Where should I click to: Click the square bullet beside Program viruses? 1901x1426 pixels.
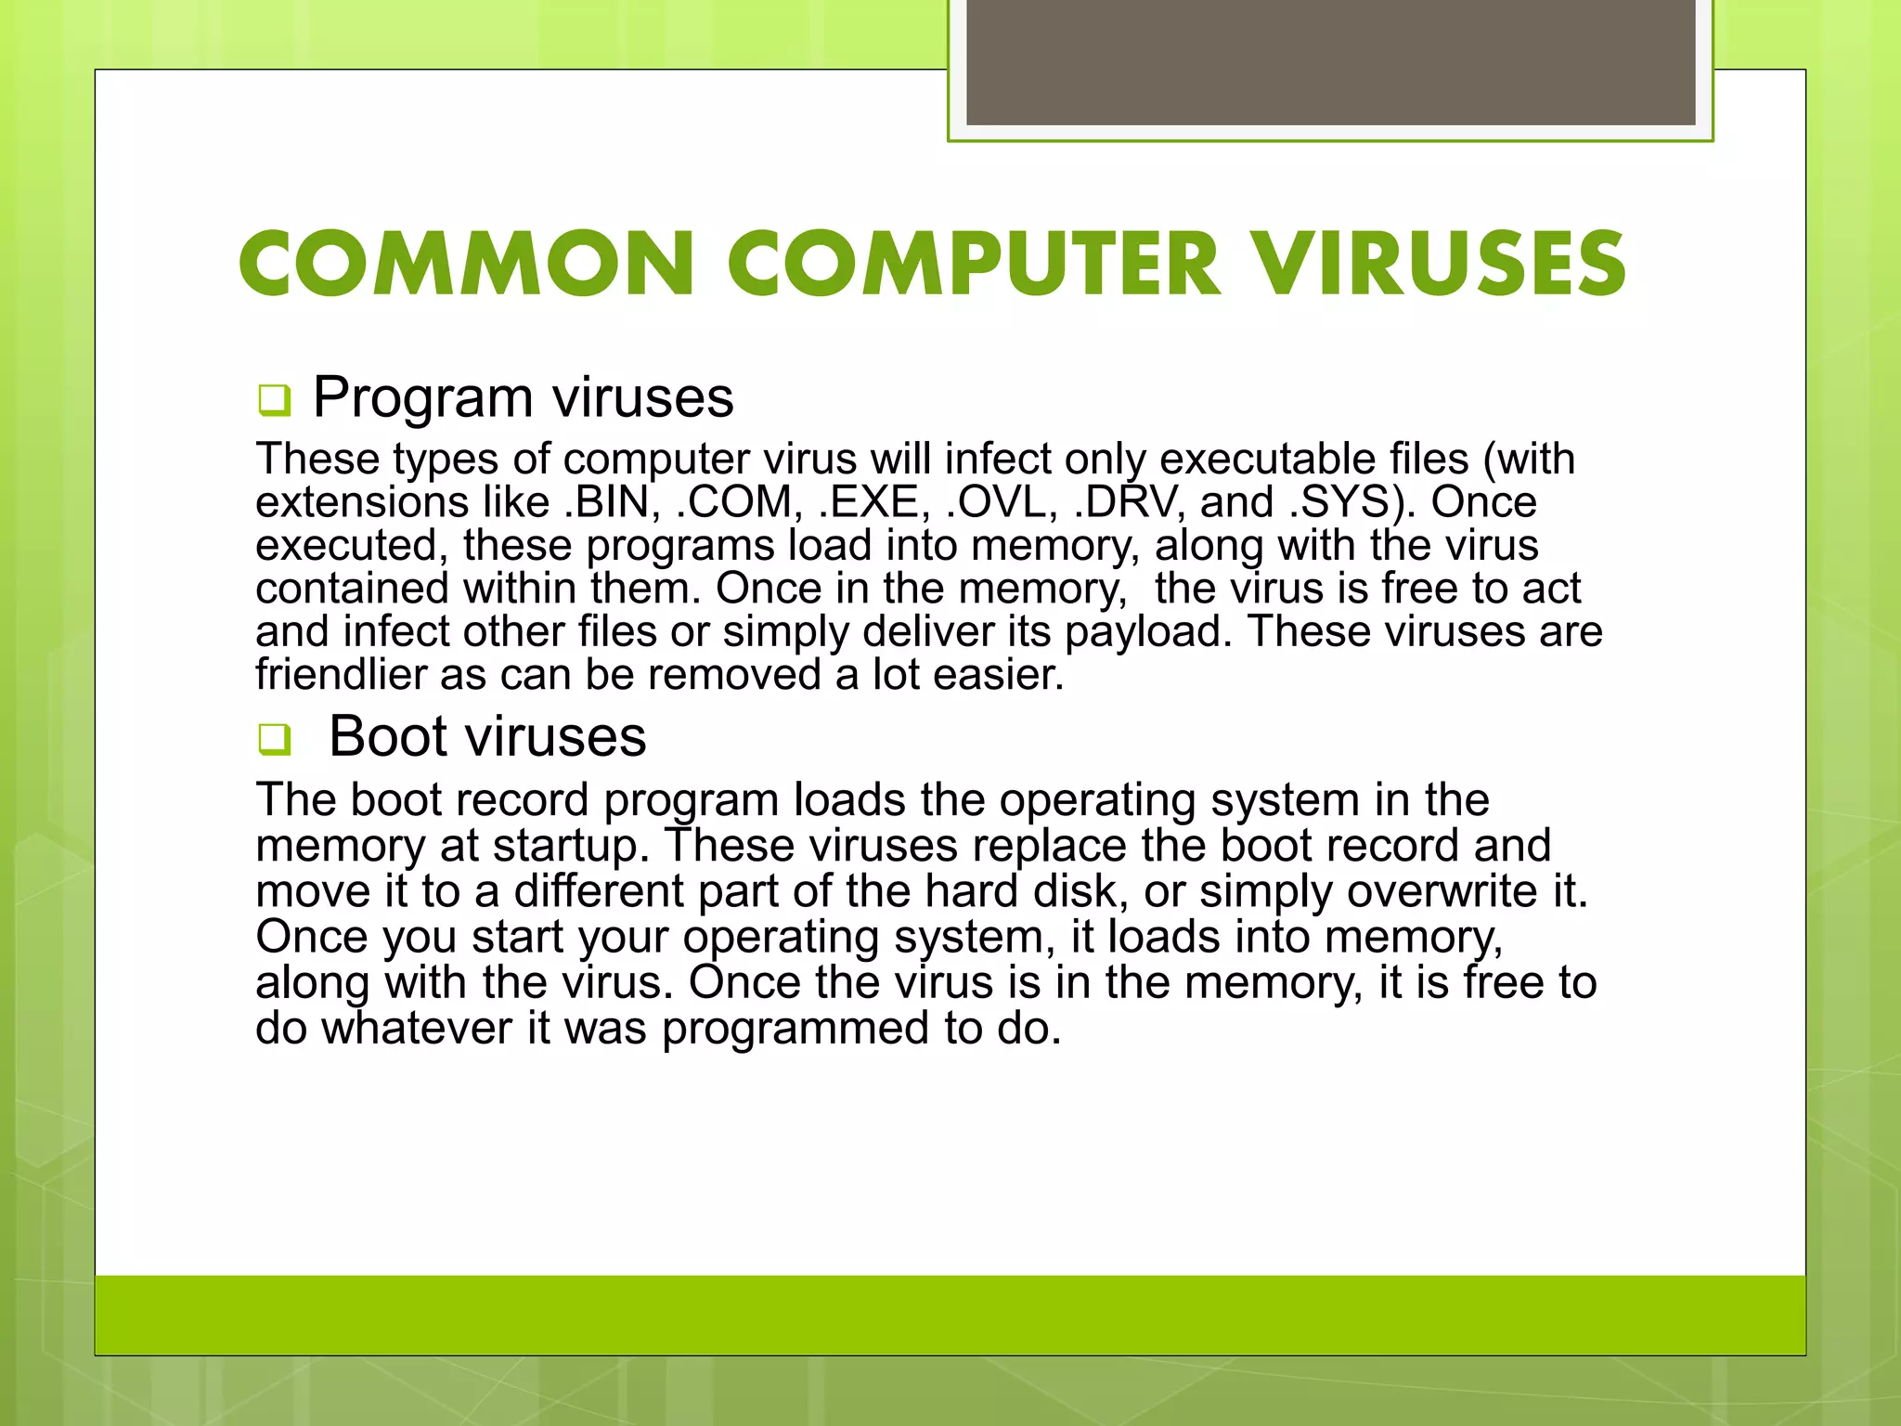tap(275, 400)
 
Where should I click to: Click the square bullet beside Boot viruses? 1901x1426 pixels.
tap(275, 740)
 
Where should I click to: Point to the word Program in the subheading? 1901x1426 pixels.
tap(423, 397)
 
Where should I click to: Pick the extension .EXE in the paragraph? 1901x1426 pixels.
tap(874, 502)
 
